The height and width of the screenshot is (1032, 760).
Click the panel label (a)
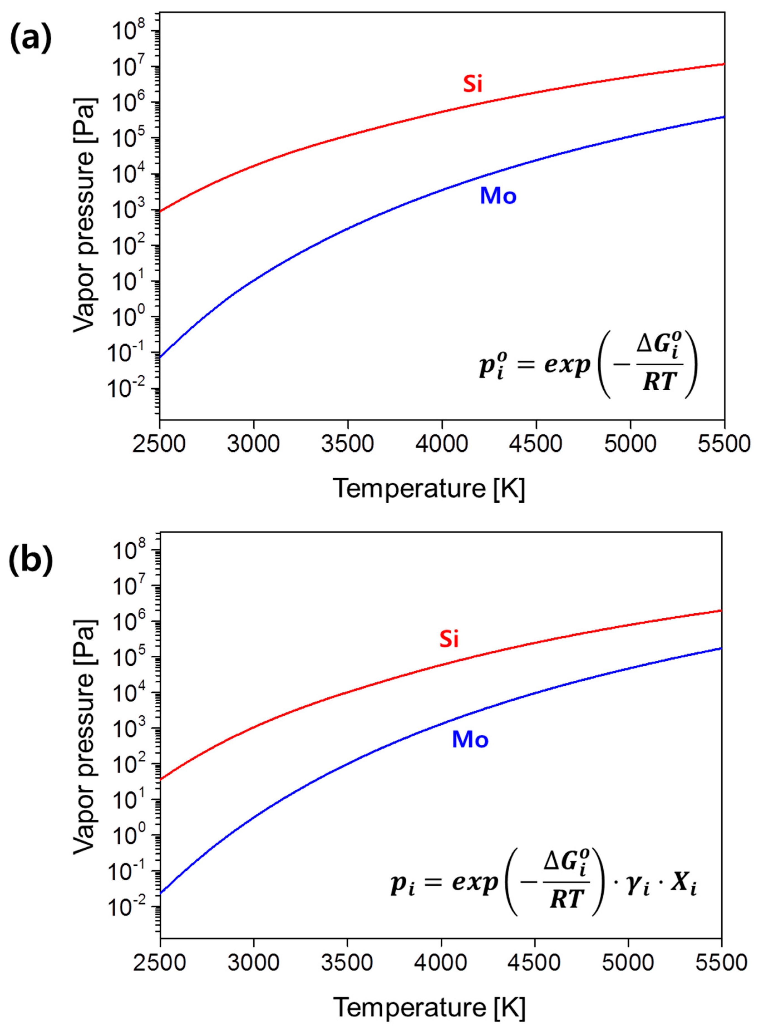(30, 40)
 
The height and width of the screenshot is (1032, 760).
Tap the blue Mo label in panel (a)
(498, 196)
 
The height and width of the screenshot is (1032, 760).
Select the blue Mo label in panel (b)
(470, 740)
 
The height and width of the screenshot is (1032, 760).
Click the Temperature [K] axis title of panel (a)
(428, 489)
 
